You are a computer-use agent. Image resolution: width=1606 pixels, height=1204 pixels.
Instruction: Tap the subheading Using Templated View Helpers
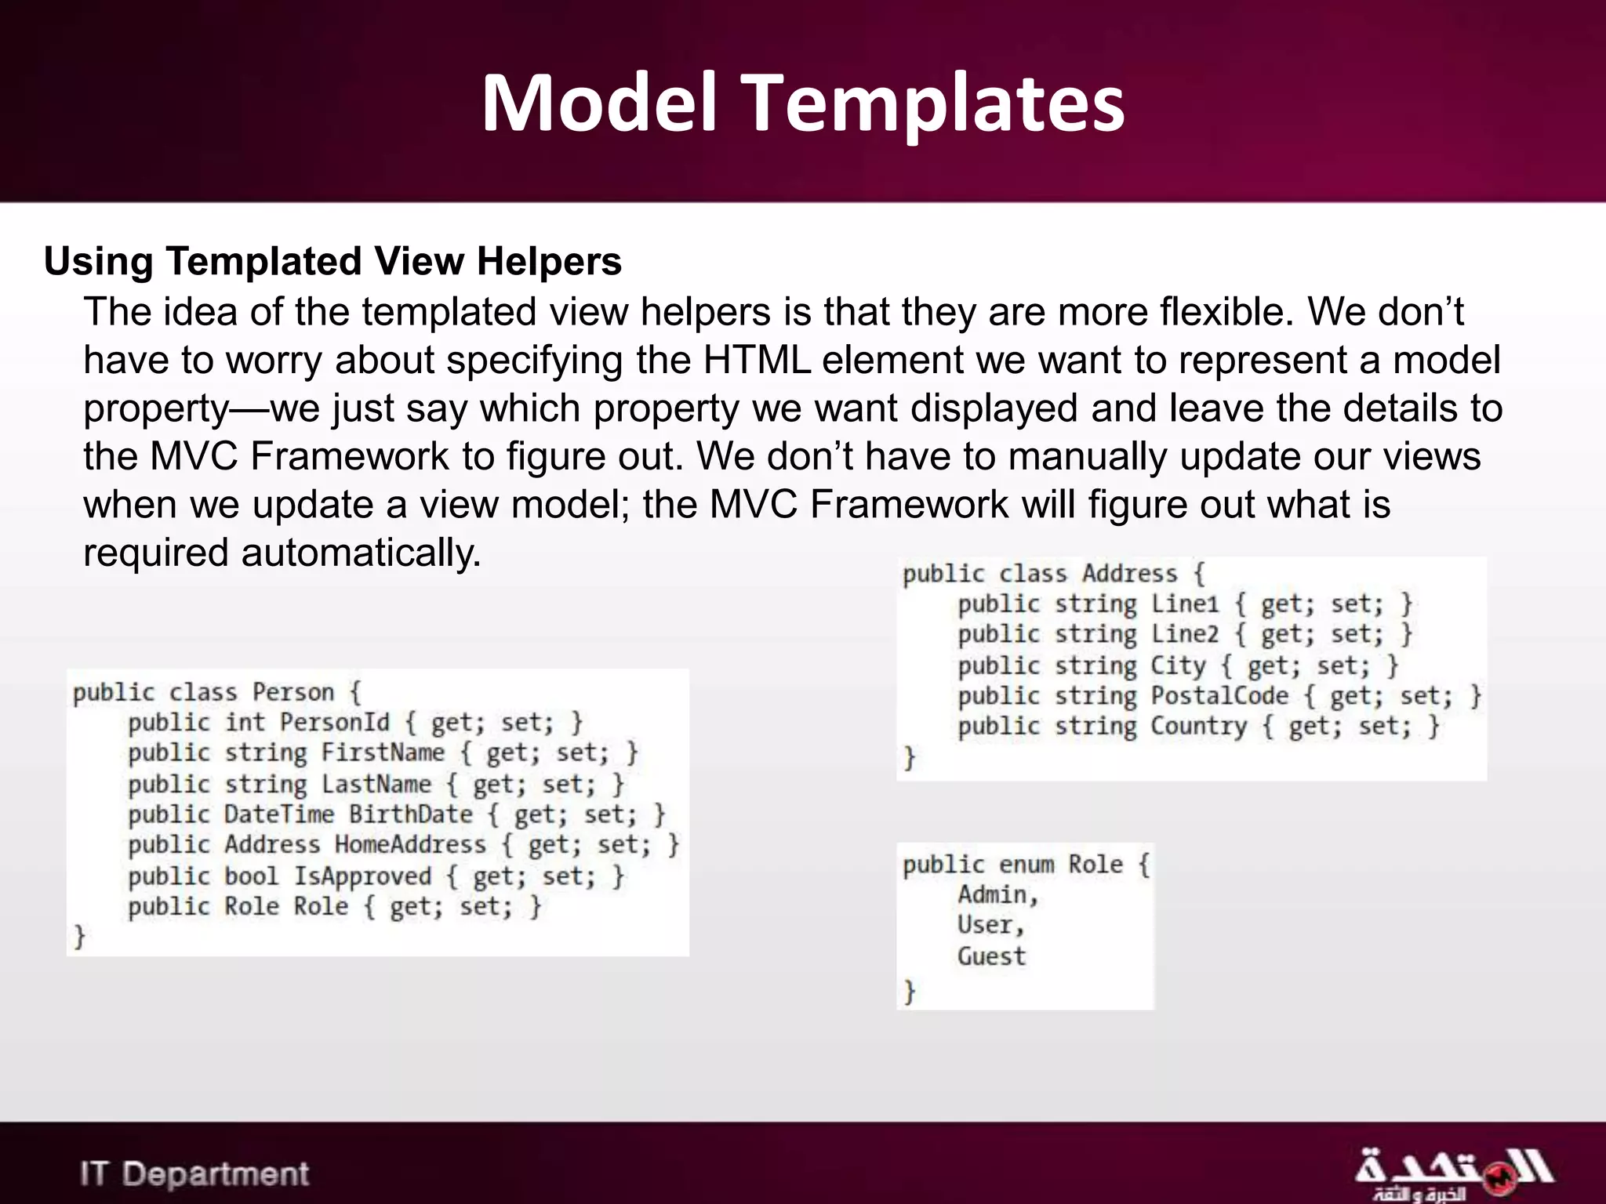pyautogui.click(x=332, y=261)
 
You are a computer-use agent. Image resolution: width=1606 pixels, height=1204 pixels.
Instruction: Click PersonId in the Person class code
pyautogui.click(x=335, y=722)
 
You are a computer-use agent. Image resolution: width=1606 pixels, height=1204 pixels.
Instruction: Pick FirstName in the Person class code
pyautogui.click(x=383, y=752)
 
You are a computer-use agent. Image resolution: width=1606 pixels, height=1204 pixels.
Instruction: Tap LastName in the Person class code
pyautogui.click(x=376, y=784)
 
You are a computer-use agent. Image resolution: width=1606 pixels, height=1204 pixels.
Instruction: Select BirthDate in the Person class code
pyautogui.click(x=410, y=814)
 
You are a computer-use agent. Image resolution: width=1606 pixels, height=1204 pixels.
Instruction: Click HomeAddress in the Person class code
pyautogui.click(x=410, y=845)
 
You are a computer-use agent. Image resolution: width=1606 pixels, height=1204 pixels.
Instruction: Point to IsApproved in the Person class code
pyautogui.click(x=362, y=876)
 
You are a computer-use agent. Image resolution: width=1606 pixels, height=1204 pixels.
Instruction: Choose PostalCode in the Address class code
pyautogui.click(x=1219, y=696)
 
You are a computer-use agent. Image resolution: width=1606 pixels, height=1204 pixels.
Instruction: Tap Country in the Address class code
pyautogui.click(x=1198, y=727)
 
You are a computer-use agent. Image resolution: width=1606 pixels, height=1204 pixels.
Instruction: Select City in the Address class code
pyautogui.click(x=1178, y=665)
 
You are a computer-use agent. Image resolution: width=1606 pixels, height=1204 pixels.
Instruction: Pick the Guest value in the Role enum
pyautogui.click(x=991, y=956)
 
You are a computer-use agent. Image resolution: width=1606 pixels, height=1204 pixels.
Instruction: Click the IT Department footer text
pyautogui.click(x=194, y=1173)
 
